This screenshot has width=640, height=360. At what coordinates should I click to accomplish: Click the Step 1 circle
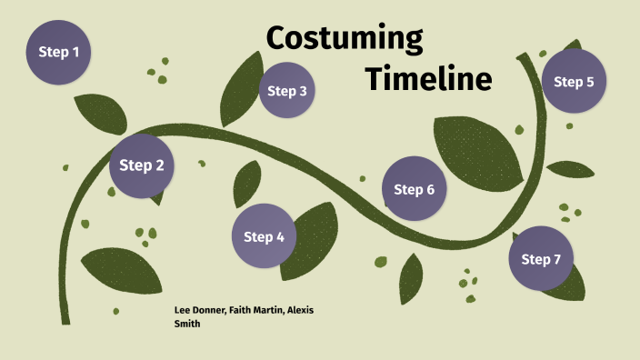coord(58,52)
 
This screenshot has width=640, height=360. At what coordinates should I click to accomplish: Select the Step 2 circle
coord(142,165)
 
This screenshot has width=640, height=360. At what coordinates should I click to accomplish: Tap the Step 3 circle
coord(287,91)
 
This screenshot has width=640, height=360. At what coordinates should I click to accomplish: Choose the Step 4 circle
coord(265,236)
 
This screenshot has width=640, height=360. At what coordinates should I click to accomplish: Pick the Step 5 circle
coord(574,82)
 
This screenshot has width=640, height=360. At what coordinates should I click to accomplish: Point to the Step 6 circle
coord(414,189)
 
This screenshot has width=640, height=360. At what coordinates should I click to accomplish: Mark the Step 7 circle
coord(541,259)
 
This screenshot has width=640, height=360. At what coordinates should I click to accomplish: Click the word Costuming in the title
coord(345,39)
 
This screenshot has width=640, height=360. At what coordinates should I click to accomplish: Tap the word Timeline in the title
coord(428,79)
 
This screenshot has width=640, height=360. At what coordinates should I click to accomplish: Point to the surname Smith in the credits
coord(186,323)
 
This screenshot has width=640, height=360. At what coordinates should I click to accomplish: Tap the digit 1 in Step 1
coord(75,52)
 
